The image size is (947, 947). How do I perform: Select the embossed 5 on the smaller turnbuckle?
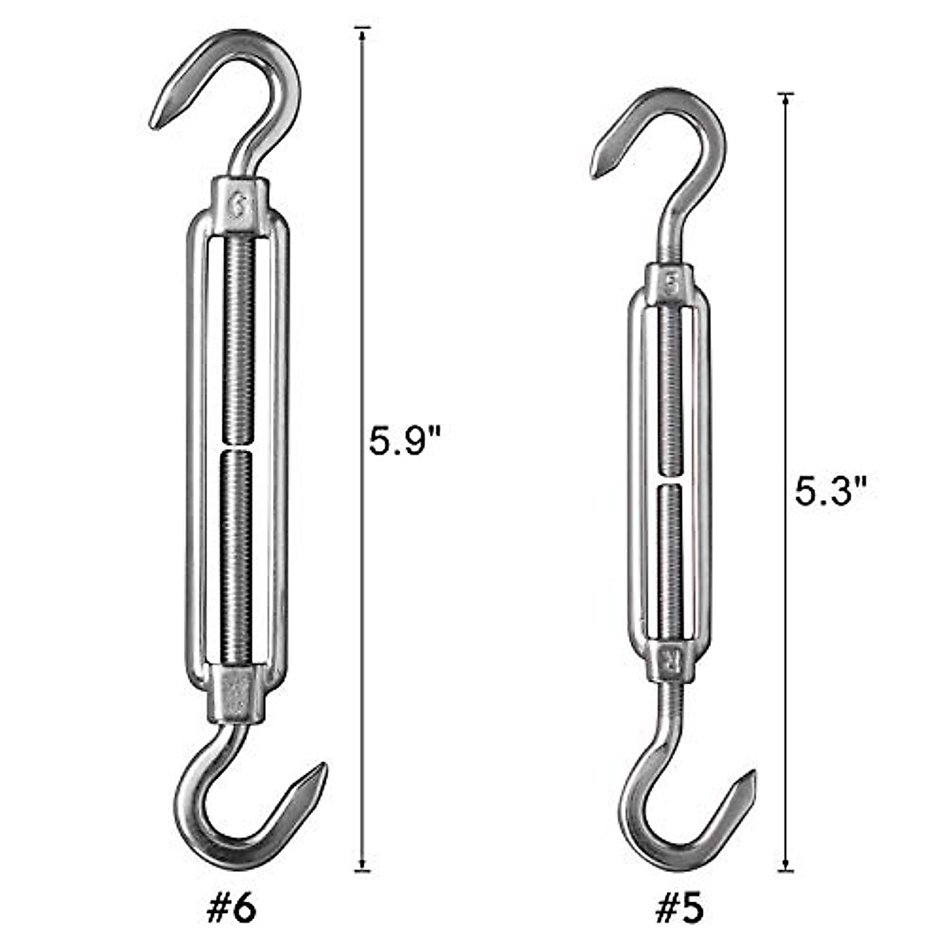(670, 284)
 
